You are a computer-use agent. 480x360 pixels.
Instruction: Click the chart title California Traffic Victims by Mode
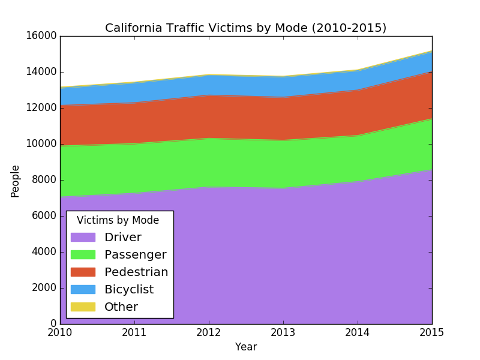point(245,28)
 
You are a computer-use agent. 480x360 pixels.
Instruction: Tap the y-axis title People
point(16,181)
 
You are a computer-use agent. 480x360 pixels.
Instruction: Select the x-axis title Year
point(246,347)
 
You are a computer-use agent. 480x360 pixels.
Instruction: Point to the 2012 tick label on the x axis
point(209,332)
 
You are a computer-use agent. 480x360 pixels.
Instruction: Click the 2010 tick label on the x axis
point(60,332)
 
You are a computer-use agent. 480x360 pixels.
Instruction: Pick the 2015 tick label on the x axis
point(432,332)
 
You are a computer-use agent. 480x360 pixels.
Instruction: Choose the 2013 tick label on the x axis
point(283,332)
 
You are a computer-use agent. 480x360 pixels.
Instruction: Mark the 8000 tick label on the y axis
point(44,180)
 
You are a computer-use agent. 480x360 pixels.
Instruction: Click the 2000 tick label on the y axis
point(44,288)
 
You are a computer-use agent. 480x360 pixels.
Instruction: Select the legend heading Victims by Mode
point(118,220)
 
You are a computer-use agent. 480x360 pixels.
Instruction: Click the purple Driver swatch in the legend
point(83,238)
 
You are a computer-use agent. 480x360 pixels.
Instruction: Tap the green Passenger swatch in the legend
point(83,255)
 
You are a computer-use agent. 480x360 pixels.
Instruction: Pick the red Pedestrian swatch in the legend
point(83,272)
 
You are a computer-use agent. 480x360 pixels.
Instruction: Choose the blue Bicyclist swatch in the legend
point(83,290)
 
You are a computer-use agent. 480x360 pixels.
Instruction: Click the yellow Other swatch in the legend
point(83,307)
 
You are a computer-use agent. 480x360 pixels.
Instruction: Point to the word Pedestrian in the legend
point(136,272)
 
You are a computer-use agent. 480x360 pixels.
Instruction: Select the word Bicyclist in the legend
point(129,290)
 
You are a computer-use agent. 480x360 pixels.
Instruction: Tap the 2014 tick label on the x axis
point(358,332)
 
